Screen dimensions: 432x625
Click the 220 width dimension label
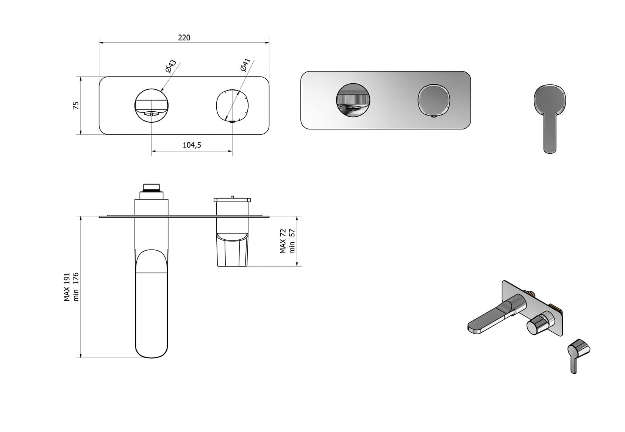click(x=184, y=37)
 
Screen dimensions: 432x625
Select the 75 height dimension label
click(x=76, y=105)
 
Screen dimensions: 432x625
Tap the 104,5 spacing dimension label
click(x=192, y=145)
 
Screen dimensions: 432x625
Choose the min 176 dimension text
click(x=76, y=287)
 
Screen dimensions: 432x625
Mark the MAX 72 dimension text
click(x=283, y=241)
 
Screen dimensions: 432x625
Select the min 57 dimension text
click(x=292, y=241)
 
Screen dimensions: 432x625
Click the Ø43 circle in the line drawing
click(x=152, y=105)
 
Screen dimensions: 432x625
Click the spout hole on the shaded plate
click(x=353, y=100)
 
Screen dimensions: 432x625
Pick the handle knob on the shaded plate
click(x=434, y=100)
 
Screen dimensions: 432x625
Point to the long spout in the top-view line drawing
click(x=152, y=303)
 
